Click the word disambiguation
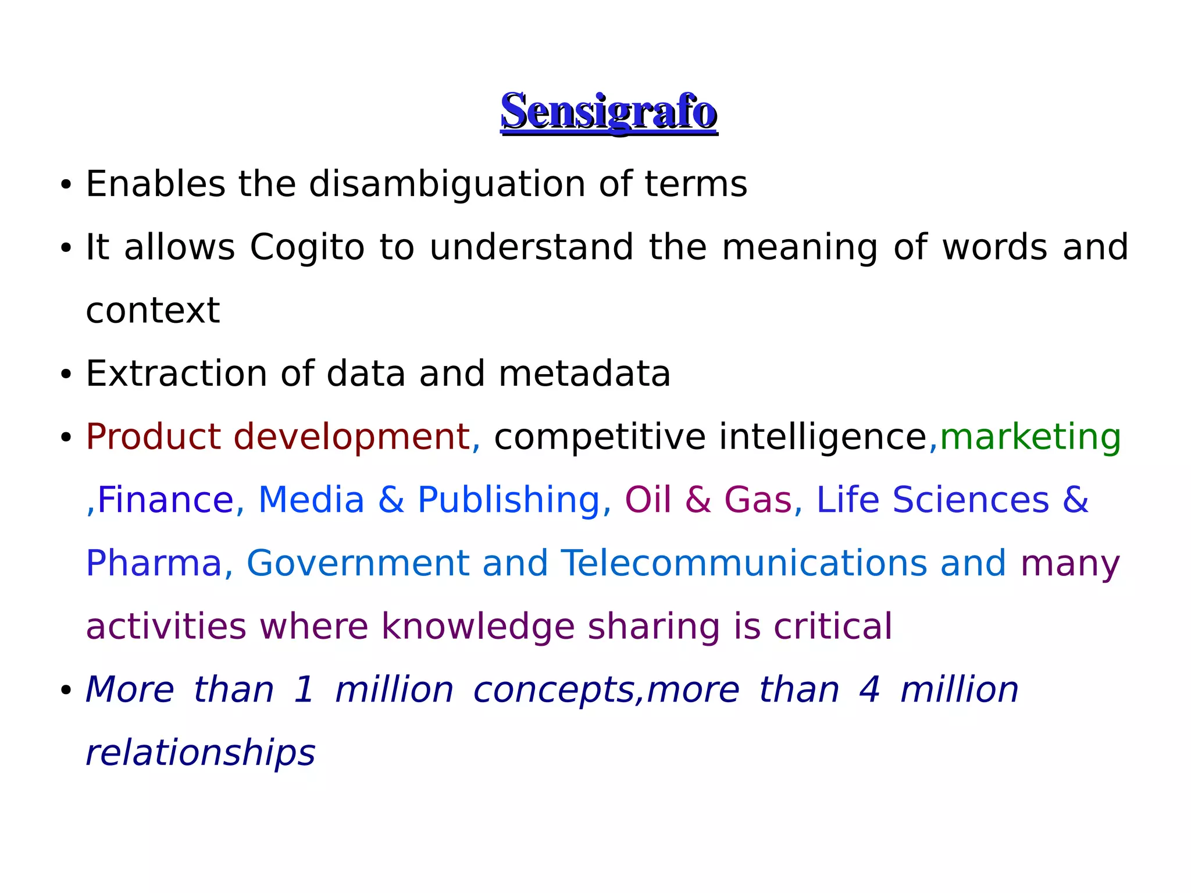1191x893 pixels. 447,184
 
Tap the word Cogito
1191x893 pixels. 307,247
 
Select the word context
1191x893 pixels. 152,311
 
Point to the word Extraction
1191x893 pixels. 176,373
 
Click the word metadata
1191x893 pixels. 584,373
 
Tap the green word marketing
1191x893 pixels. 1030,437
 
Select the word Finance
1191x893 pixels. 165,500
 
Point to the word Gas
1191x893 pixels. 758,500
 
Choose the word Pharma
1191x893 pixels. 154,563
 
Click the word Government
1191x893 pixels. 358,563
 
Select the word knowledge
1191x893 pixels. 477,627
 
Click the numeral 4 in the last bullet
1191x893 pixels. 869,690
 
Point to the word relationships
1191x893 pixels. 200,753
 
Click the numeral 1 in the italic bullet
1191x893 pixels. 304,690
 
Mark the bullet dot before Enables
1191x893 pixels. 66,186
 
